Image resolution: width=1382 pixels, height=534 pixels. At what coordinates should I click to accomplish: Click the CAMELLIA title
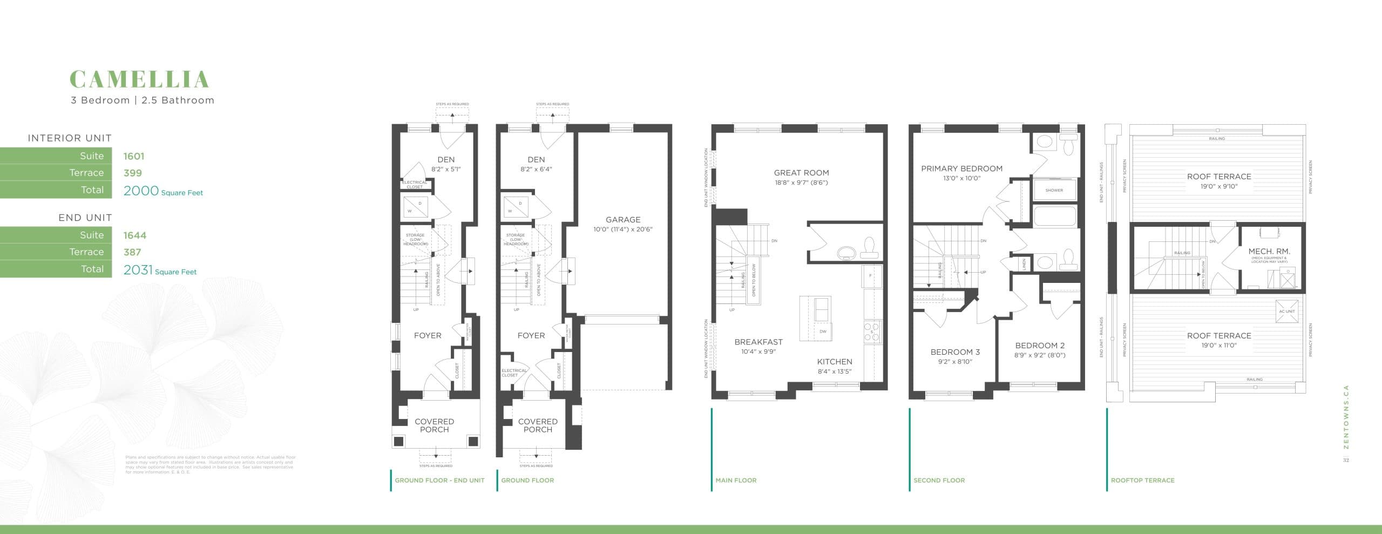pos(139,79)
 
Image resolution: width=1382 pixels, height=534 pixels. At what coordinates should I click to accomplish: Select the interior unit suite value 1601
pos(133,157)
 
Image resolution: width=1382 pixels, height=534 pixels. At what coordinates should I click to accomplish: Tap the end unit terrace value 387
pos(132,252)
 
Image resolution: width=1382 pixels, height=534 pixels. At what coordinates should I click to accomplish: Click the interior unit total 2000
pos(141,191)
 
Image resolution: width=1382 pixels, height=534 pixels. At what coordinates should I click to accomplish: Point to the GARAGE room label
pos(623,220)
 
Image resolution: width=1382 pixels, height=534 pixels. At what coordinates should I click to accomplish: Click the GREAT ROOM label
pos(801,173)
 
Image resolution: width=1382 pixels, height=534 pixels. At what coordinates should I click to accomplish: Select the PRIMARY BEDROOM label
pos(961,168)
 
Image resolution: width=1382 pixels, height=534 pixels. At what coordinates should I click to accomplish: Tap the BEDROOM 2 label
pos(1040,346)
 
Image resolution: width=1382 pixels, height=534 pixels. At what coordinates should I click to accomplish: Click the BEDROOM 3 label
pos(955,352)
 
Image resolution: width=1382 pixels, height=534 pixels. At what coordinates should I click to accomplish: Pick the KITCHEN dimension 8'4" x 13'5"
pos(835,371)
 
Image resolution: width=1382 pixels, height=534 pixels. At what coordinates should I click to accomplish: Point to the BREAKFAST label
pos(758,342)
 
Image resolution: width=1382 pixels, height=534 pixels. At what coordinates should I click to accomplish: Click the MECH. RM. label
pos(1269,252)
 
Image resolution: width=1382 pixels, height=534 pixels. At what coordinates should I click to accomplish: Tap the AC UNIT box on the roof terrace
pos(1286,312)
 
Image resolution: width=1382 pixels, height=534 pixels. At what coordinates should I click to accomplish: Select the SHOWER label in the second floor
pos(1054,190)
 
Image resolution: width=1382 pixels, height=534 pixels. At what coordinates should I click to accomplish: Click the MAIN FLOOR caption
pos(736,480)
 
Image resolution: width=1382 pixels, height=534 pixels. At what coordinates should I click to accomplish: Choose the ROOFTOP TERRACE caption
pos(1142,480)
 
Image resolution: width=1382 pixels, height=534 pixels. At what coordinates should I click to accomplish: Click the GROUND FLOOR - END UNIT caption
pos(439,480)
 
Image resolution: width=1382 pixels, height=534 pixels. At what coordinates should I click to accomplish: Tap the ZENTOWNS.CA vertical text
pos(1346,424)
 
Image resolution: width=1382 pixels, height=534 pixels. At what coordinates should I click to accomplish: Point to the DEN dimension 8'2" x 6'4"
pos(536,169)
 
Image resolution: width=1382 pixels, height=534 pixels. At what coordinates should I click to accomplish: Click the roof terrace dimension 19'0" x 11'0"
pos(1219,345)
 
